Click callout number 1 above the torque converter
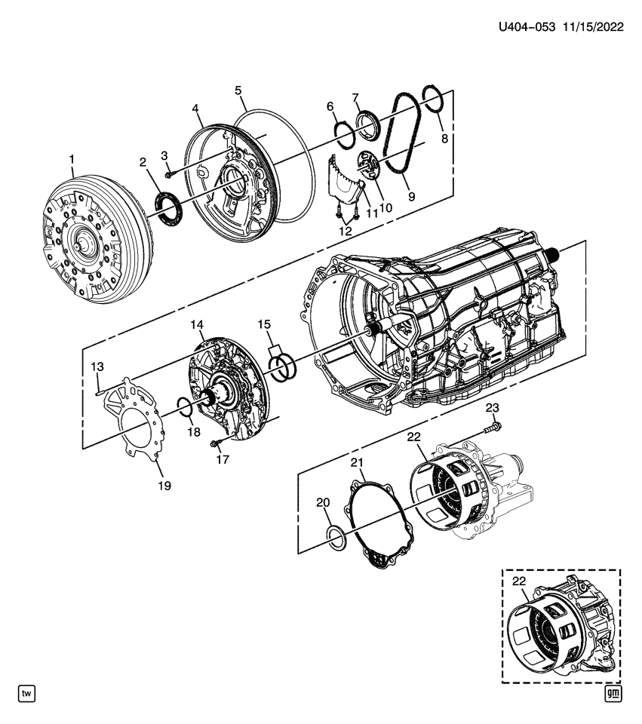click(72, 159)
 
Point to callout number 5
click(238, 91)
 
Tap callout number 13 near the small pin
click(97, 367)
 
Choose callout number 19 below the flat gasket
click(164, 486)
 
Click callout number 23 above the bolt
click(492, 408)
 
